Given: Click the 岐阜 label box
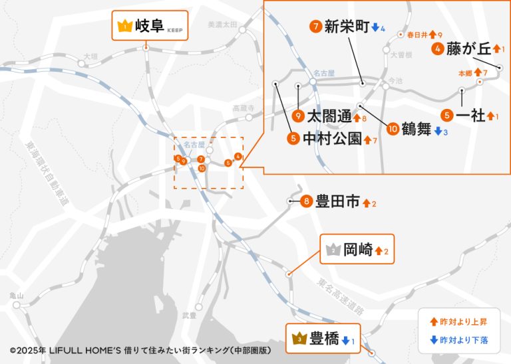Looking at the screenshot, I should pos(150,26).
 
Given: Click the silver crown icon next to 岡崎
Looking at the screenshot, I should pos(333,250).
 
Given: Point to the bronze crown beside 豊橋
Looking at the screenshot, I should pos(299,340).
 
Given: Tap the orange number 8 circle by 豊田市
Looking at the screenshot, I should pos(306,201).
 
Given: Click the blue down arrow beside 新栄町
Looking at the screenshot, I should pos(375,28).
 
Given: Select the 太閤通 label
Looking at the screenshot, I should pos(330,117).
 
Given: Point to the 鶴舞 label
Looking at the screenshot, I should pos(417,128).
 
